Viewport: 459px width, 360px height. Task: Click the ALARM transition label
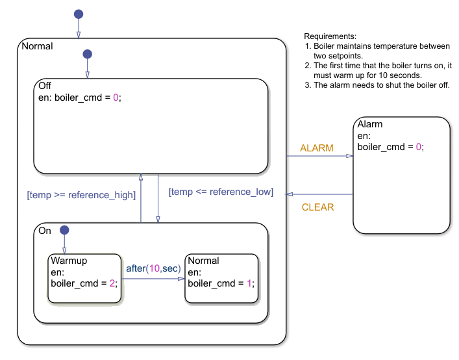click(316, 148)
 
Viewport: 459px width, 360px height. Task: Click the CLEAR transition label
click(317, 207)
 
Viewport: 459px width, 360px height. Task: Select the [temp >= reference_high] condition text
click(81, 195)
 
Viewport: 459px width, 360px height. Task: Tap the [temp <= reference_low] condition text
click(221, 192)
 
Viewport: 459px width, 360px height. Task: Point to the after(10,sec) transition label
click(153, 268)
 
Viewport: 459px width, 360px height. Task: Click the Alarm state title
click(370, 124)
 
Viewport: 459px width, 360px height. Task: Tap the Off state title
click(45, 86)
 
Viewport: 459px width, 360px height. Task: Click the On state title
click(45, 231)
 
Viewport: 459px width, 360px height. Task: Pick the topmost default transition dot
click(79, 14)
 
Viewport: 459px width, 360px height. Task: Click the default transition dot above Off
click(88, 54)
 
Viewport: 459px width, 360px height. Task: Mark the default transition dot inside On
click(64, 230)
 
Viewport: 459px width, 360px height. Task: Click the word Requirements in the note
click(330, 36)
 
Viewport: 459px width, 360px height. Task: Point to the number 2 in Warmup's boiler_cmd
click(112, 283)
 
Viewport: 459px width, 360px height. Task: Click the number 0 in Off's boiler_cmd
click(116, 98)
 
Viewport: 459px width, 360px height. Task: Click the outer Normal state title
click(37, 46)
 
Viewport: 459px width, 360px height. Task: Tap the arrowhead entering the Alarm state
click(349, 156)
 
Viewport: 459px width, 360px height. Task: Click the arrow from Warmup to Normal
click(153, 279)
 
